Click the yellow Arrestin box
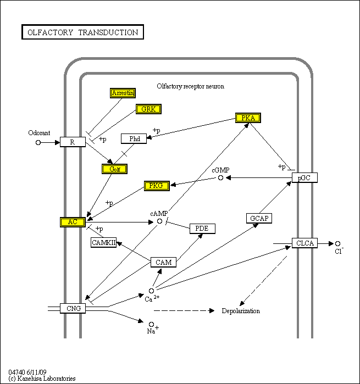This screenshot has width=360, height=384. click(123, 93)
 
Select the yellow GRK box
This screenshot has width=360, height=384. click(148, 109)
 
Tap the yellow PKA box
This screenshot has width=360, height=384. click(248, 118)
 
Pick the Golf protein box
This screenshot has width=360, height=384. click(115, 169)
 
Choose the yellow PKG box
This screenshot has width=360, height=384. click(157, 186)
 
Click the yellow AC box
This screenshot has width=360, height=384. click(72, 222)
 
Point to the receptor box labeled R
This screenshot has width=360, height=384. click(73, 142)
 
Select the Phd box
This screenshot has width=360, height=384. click(134, 138)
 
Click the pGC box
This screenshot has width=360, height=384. click(304, 177)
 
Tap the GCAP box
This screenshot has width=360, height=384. click(259, 218)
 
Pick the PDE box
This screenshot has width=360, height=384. click(203, 228)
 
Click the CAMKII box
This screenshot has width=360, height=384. click(104, 242)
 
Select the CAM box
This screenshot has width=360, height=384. click(164, 262)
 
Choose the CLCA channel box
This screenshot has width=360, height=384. click(304, 243)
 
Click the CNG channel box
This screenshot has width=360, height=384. click(74, 308)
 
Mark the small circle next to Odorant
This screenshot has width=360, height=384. click(38, 142)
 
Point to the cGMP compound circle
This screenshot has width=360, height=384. click(220, 177)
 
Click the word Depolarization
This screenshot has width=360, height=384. click(241, 311)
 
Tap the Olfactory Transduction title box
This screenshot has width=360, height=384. click(83, 32)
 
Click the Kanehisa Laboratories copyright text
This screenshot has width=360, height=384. click(42, 379)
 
